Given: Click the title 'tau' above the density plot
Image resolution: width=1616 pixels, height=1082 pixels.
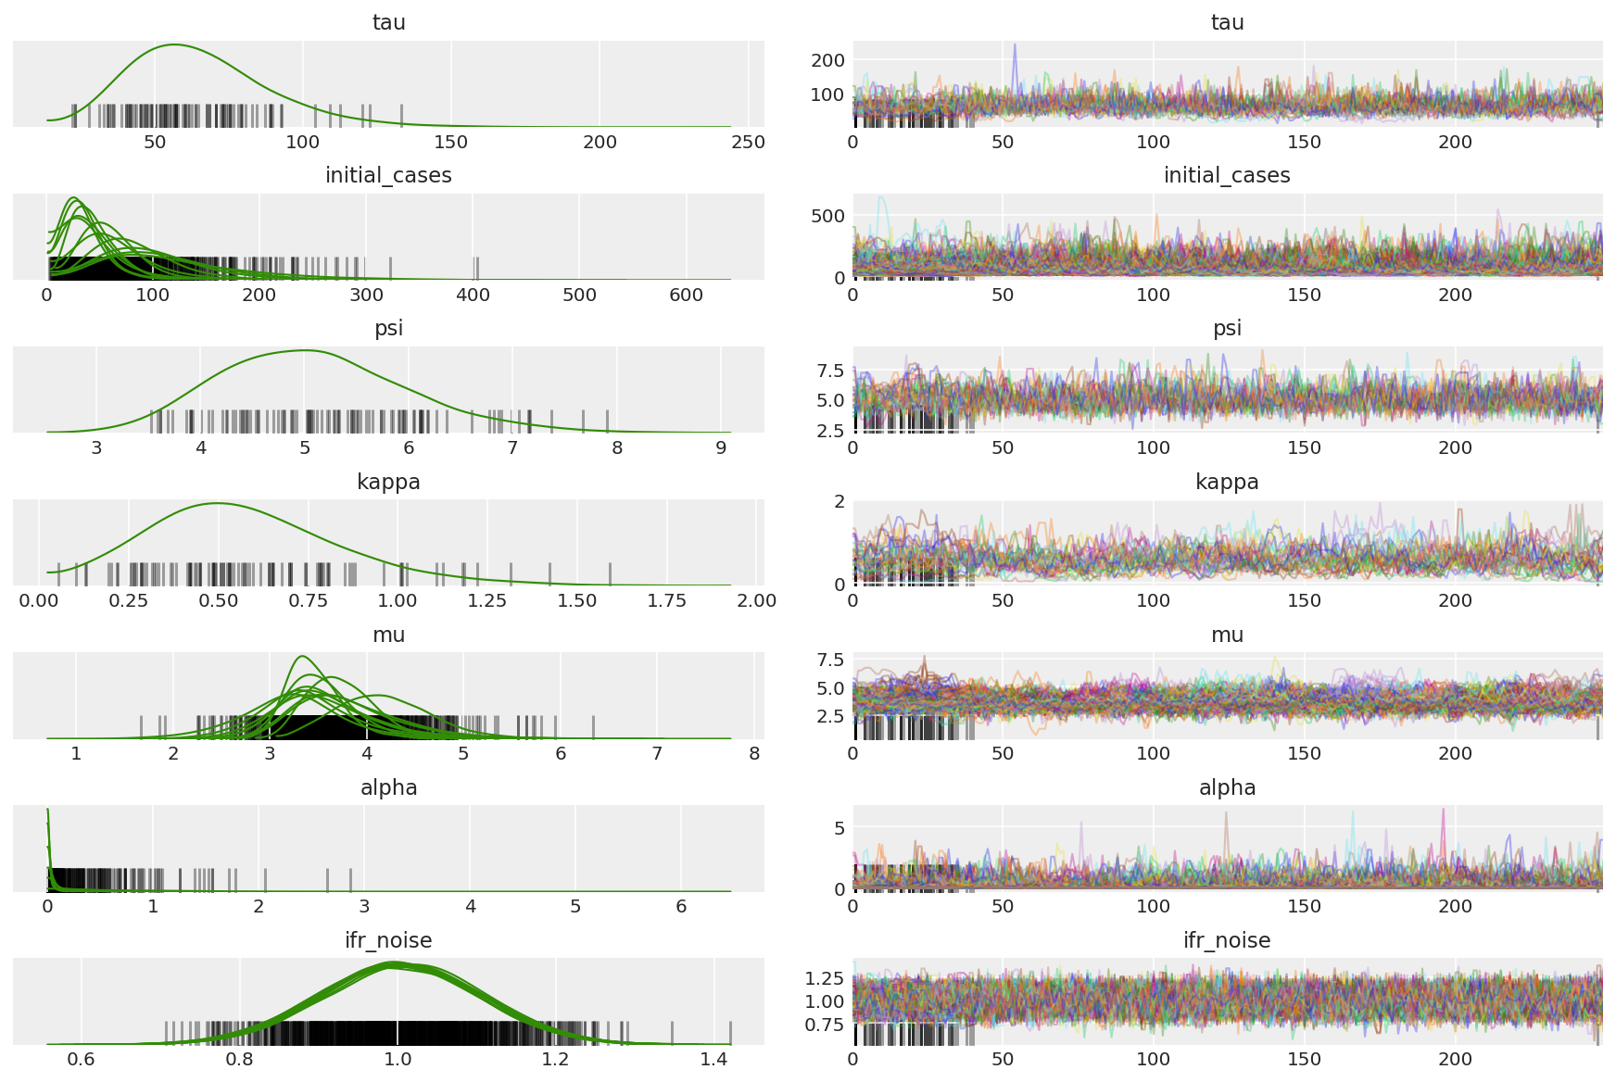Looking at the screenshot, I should click(x=388, y=22).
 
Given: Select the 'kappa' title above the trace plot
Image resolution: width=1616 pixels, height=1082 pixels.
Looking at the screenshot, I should click(x=1227, y=482).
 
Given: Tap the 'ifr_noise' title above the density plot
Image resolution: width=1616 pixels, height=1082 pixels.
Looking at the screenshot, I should click(x=388, y=940).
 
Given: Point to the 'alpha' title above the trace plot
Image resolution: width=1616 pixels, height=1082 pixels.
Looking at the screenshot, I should click(x=1227, y=787).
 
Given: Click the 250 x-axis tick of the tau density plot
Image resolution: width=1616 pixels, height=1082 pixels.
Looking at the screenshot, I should click(x=748, y=142).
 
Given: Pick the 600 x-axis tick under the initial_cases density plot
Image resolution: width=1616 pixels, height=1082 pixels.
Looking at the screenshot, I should click(x=686, y=295).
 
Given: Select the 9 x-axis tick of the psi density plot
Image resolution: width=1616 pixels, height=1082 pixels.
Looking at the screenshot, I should click(x=721, y=447).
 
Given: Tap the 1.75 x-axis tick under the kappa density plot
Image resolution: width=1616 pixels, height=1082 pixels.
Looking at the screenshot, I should click(x=666, y=600).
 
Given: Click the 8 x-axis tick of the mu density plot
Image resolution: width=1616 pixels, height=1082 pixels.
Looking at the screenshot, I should click(x=754, y=753).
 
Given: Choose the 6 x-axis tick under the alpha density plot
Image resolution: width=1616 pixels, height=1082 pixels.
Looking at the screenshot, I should click(x=681, y=906).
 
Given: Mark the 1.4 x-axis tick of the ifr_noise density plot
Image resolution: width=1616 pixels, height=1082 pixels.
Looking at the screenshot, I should click(x=713, y=1059).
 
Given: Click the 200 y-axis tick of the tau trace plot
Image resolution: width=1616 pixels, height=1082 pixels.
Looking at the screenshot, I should click(x=827, y=60).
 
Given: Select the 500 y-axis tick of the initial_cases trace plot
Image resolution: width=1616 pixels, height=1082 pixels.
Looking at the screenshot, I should click(x=827, y=216).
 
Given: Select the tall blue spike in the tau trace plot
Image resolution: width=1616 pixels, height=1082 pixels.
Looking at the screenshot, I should click(x=1014, y=44).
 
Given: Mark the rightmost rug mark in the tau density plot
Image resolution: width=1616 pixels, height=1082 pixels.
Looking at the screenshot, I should click(x=401, y=115).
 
